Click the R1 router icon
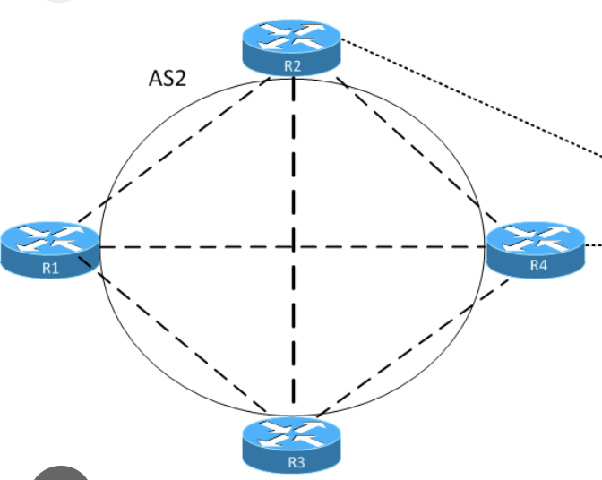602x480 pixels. [x=49, y=250]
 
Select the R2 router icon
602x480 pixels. [x=293, y=49]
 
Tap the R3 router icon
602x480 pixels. [x=293, y=444]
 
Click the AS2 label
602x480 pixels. [x=167, y=78]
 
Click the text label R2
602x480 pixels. [x=293, y=66]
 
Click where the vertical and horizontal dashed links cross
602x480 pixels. [x=293, y=246]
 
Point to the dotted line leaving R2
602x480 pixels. [x=466, y=90]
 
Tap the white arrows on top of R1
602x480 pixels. [x=49, y=238]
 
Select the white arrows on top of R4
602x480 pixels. [x=535, y=236]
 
